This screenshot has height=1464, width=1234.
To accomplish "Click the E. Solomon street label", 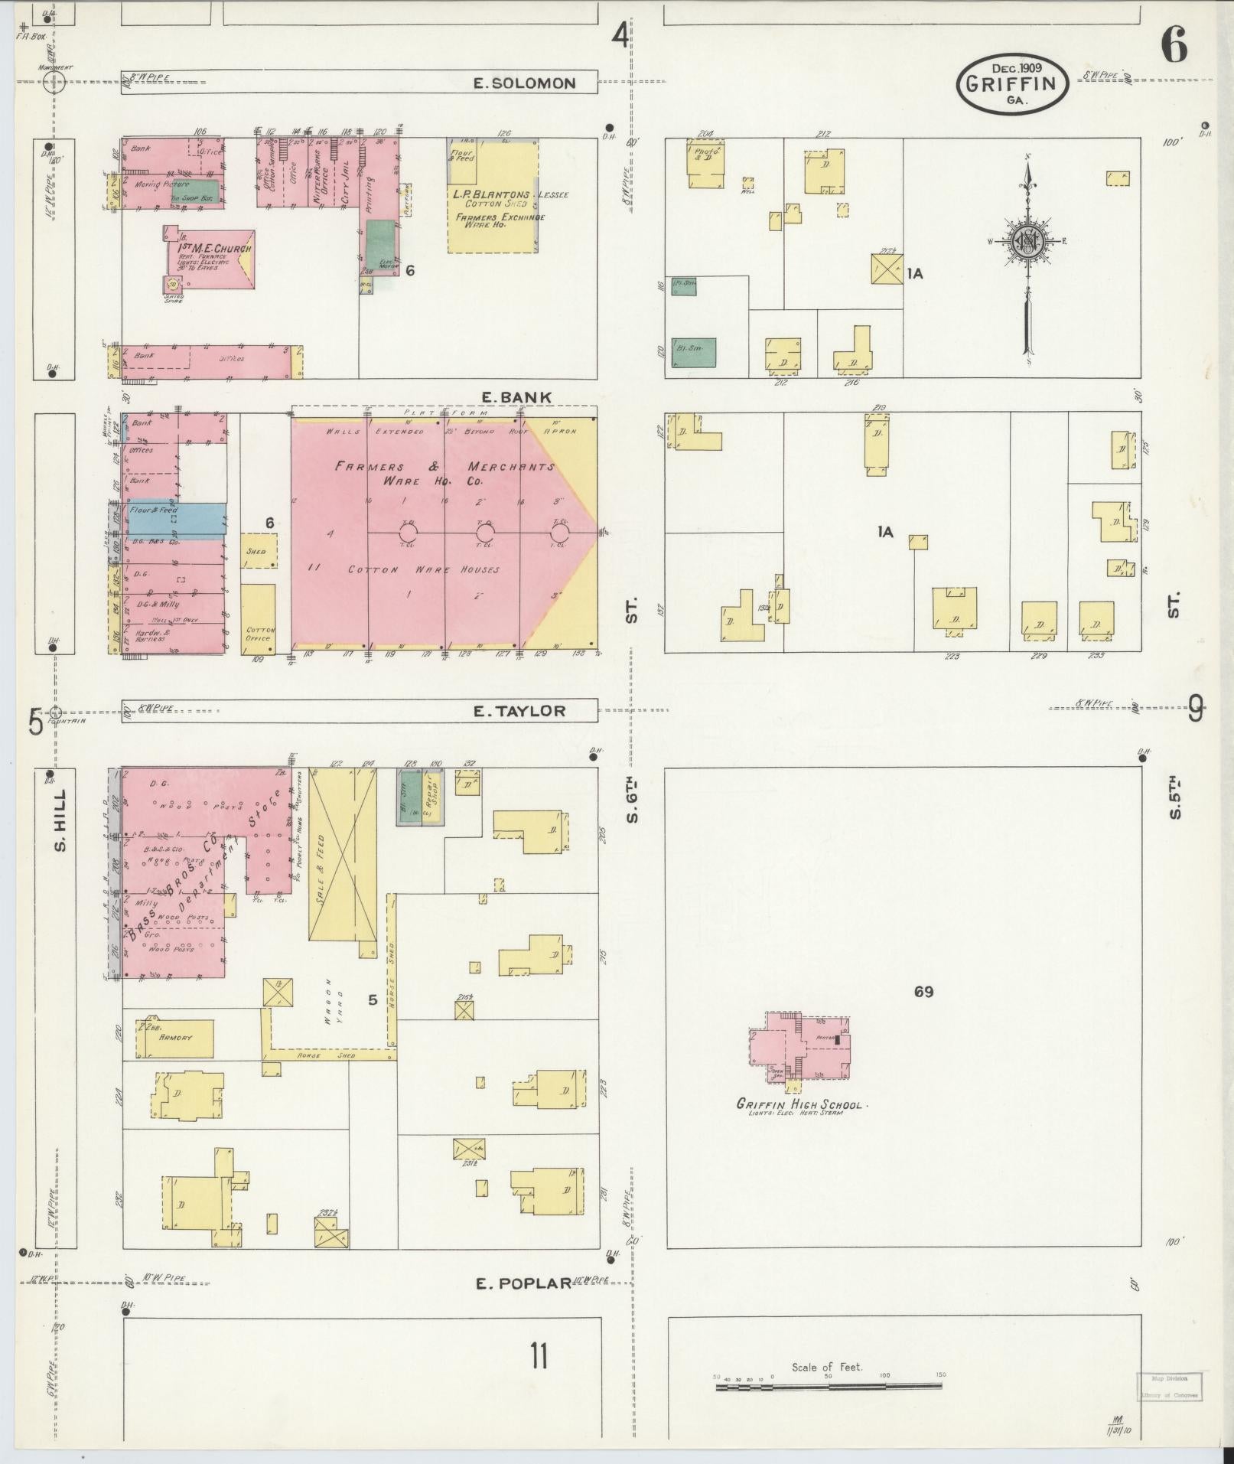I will click(x=524, y=83).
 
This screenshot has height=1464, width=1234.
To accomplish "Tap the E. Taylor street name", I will click(x=519, y=711).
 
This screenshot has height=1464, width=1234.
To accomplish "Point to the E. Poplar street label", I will click(x=524, y=1283).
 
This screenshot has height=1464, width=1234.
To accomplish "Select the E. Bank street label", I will click(x=516, y=397).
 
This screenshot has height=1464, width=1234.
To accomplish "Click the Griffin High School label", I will click(x=799, y=1104).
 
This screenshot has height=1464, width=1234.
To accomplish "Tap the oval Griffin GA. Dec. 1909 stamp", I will click(x=1012, y=84).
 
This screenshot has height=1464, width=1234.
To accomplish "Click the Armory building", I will click(x=175, y=1038).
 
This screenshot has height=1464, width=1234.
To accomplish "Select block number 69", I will click(x=923, y=992).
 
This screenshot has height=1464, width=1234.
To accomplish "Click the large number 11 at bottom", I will click(x=539, y=1357).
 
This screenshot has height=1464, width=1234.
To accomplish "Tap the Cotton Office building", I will click(x=258, y=618).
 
